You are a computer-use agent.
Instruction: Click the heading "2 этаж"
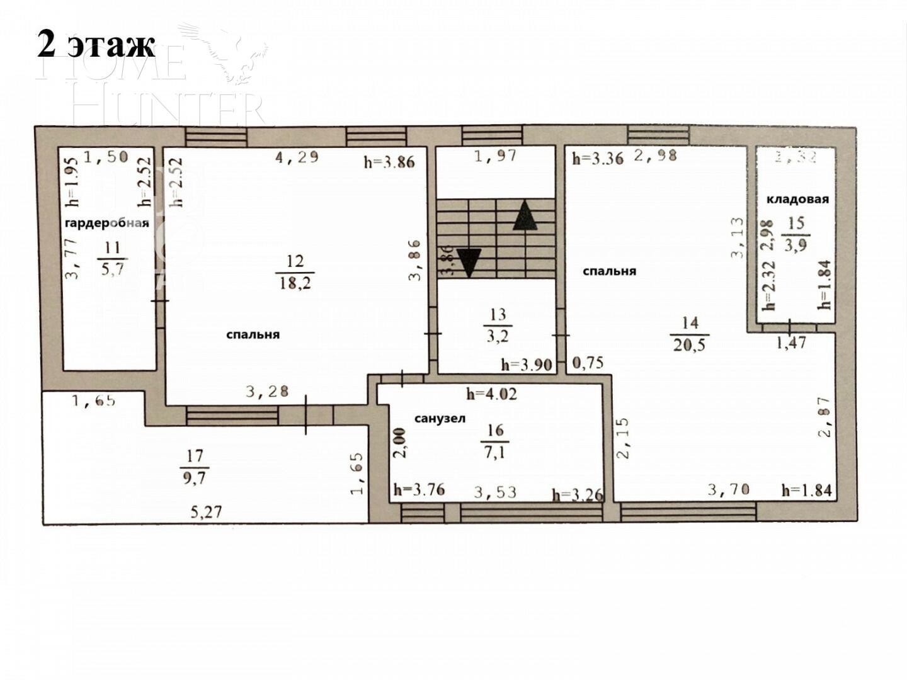pos(96,44)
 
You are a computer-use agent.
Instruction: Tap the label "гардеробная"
pos(107,224)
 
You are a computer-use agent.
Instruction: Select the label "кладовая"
pos(797,200)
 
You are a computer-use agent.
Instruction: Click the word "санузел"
pos(440,419)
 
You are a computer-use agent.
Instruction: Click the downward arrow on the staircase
pos(469,261)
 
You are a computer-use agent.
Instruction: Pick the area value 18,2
pos(295,282)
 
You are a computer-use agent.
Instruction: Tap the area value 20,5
pos(690,344)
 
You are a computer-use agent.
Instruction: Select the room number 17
pos(195,456)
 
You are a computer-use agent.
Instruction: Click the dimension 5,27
pos(207,512)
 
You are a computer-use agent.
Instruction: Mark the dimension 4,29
pos(297,157)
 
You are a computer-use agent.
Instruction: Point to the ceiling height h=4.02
pos(491,395)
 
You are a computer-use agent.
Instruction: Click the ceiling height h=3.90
pos(527,365)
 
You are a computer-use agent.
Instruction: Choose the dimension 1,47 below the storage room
pos(790,343)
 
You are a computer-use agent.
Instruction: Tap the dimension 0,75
pos(588,363)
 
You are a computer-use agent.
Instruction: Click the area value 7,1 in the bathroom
pos(495,451)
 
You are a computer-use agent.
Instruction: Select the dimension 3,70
pos(728,489)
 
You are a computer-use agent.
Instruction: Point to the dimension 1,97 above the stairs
pos(495,156)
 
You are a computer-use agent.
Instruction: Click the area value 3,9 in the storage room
pos(796,246)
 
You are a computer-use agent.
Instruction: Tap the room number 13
pos(498,314)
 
